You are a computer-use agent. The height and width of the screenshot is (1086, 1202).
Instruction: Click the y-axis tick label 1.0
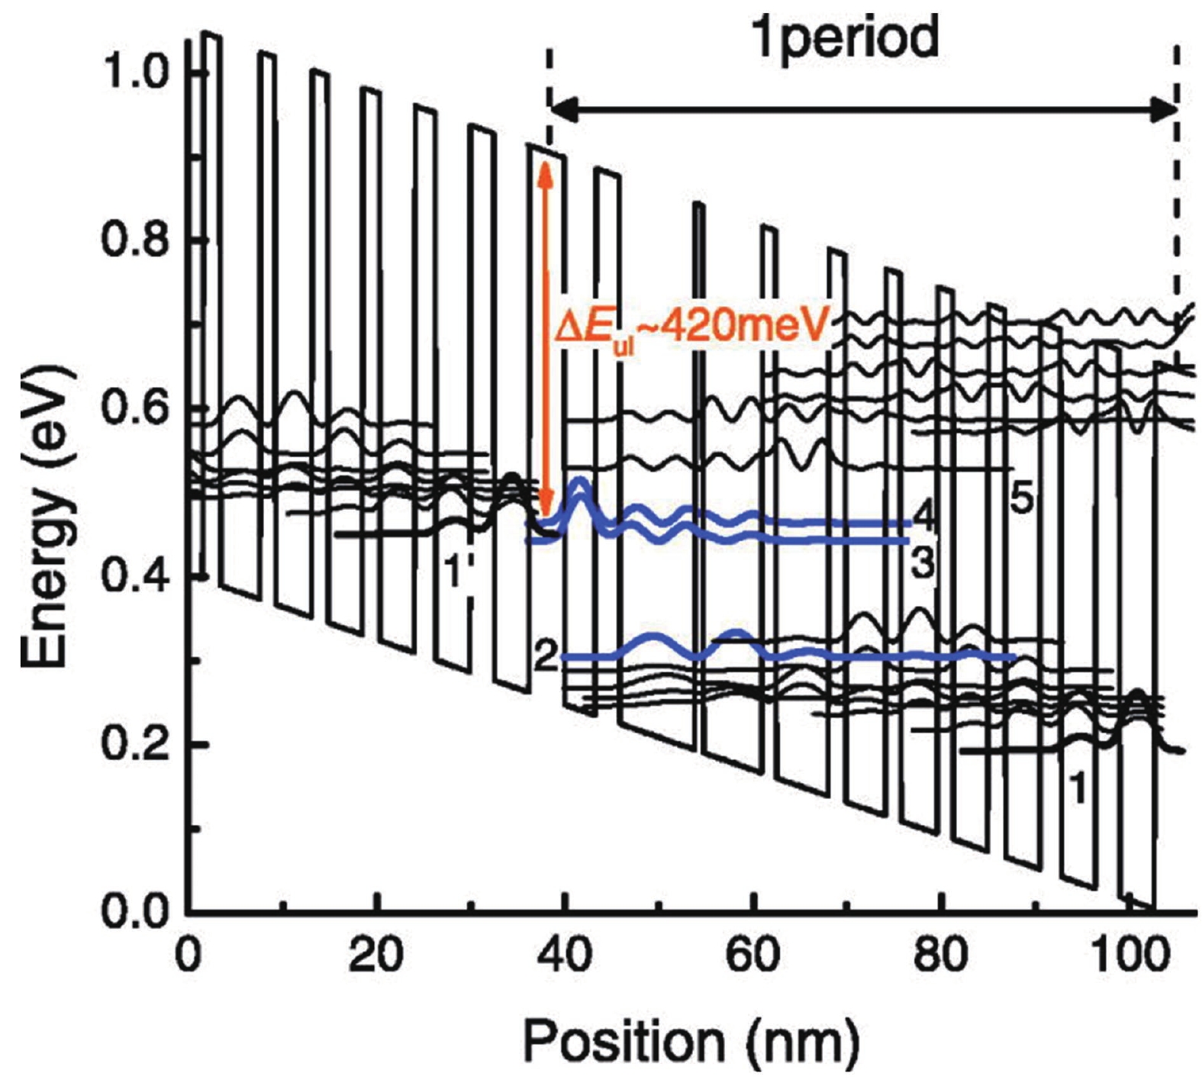click(134, 75)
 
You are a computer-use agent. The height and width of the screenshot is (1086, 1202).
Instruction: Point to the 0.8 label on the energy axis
click(134, 242)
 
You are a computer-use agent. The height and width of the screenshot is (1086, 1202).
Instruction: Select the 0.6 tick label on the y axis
click(134, 410)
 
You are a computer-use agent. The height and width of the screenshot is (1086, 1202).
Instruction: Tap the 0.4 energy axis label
click(134, 578)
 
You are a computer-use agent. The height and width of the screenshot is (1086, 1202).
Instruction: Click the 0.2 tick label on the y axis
click(134, 745)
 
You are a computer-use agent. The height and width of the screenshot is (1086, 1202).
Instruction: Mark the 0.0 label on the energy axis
click(134, 913)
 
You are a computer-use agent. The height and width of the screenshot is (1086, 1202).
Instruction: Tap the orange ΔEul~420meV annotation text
click(691, 330)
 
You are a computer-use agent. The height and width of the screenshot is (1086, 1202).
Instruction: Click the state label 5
click(1020, 499)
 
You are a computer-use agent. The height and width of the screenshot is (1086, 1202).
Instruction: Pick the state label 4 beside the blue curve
click(923, 518)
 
